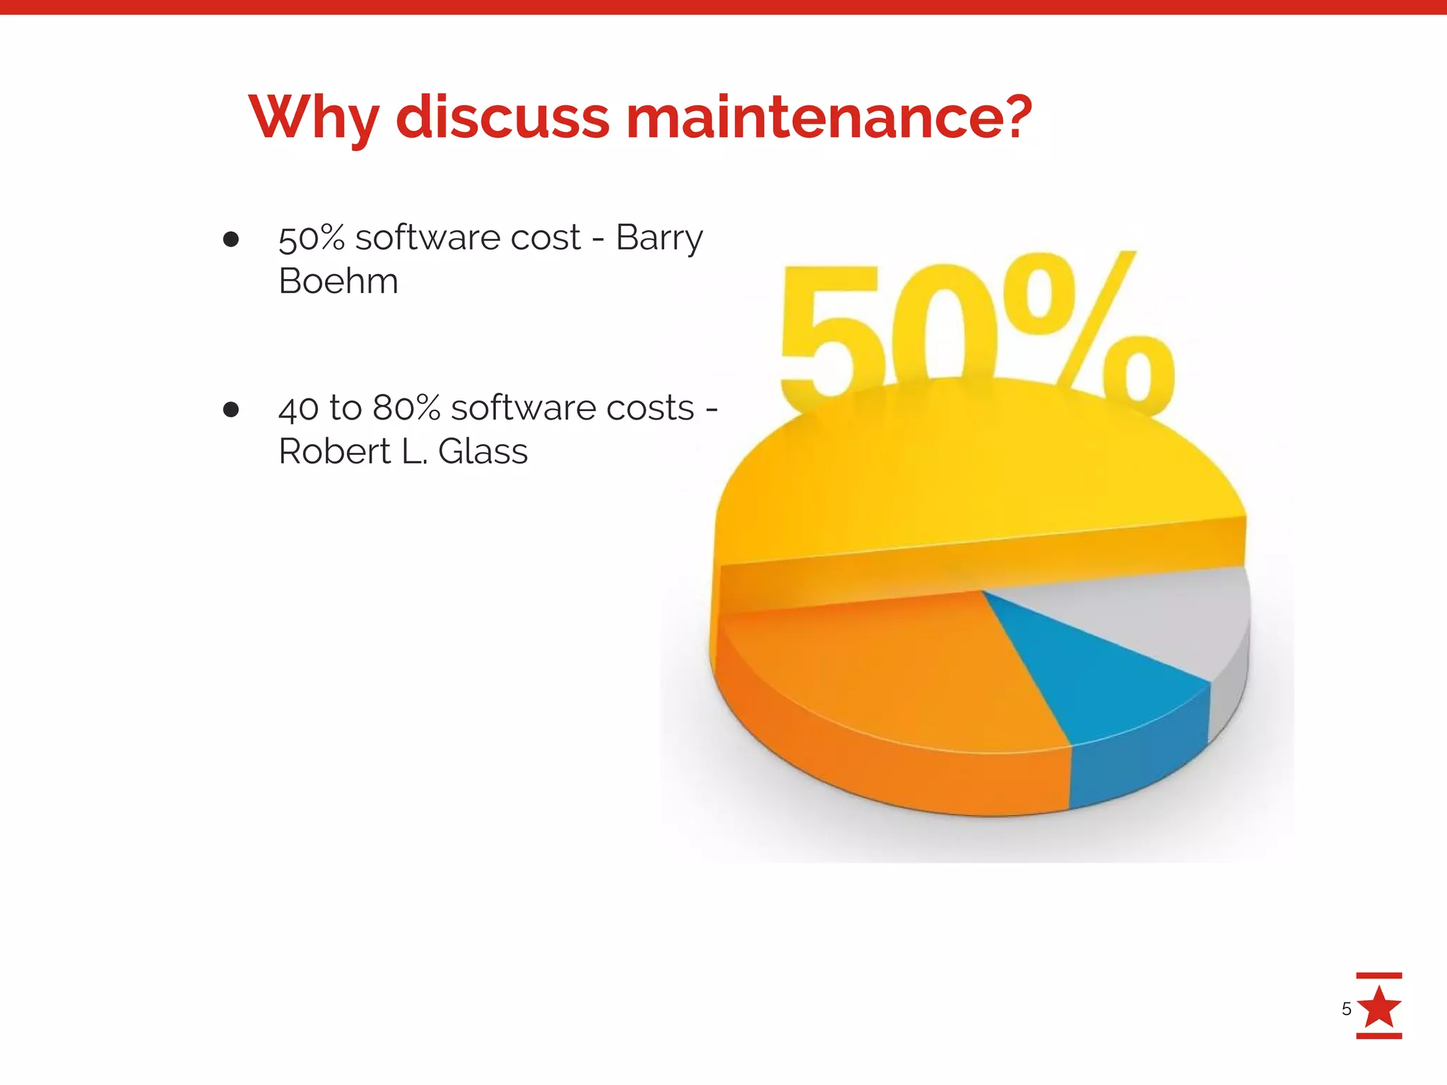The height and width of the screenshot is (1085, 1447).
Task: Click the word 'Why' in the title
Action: [x=314, y=117]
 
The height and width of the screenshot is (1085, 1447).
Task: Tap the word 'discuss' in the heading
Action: [x=502, y=117]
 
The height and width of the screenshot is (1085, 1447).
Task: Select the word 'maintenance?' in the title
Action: [x=829, y=117]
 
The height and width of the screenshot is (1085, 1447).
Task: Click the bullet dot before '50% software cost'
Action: [x=230, y=239]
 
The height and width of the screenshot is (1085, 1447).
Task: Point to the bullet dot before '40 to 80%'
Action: [x=230, y=410]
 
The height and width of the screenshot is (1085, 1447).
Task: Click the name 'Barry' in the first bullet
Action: [x=659, y=238]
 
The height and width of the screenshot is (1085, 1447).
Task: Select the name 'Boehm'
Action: [x=338, y=281]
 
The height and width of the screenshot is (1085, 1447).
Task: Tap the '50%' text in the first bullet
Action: [x=312, y=238]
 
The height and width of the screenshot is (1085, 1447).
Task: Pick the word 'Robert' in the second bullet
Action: [x=335, y=451]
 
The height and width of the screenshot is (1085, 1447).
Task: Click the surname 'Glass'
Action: [x=483, y=451]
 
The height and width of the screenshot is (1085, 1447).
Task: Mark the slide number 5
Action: [x=1346, y=1009]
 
